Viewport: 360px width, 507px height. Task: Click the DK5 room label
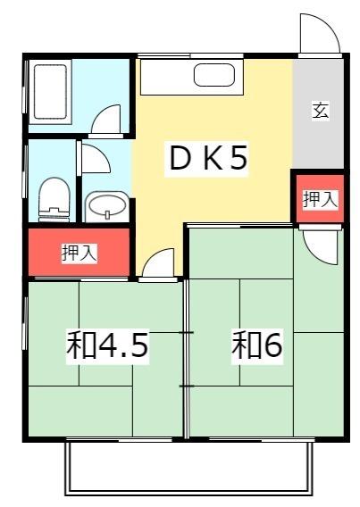click(x=208, y=158)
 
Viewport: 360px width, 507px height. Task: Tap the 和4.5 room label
click(x=106, y=345)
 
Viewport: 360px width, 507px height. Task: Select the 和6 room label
click(x=258, y=345)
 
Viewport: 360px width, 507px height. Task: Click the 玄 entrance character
click(x=319, y=111)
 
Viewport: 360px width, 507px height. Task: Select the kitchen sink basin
click(x=213, y=77)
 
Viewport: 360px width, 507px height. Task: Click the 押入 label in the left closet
click(x=79, y=253)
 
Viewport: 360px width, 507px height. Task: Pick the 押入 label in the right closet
click(x=319, y=199)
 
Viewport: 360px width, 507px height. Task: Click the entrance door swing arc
click(x=320, y=34)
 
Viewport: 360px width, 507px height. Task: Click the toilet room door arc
click(x=95, y=158)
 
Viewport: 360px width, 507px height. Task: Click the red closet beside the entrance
click(x=319, y=199)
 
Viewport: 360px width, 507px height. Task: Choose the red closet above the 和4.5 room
click(x=79, y=253)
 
